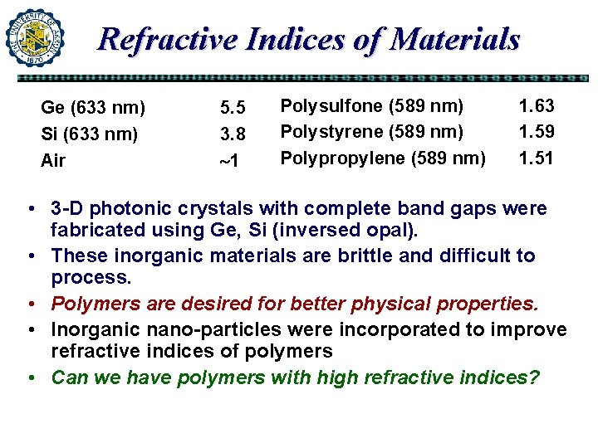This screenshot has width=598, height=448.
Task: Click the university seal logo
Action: tap(35, 37)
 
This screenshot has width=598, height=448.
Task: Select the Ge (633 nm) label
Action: tap(93, 108)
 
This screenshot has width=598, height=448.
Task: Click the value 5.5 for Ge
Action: tap(233, 108)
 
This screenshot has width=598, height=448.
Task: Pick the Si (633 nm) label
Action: tap(90, 134)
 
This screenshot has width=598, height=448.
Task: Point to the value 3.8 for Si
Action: tap(233, 134)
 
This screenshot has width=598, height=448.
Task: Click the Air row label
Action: tap(53, 160)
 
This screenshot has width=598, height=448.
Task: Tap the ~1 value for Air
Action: tap(229, 160)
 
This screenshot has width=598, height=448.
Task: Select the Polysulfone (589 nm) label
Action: tap(371, 105)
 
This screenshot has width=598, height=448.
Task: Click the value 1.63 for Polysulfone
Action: tap(537, 105)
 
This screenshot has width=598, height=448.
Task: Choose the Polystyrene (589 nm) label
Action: tap(371, 131)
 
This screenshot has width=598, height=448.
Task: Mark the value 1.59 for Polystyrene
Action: tap(537, 131)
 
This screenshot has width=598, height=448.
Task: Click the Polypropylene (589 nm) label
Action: tap(383, 157)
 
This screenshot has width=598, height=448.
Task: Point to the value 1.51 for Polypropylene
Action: tap(537, 157)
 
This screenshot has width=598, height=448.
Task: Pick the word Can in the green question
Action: tap(69, 378)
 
